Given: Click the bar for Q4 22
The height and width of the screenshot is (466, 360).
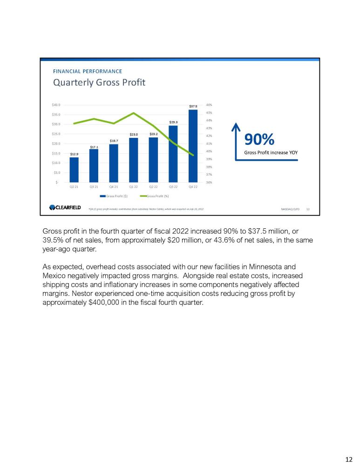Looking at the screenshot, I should (x=193, y=146).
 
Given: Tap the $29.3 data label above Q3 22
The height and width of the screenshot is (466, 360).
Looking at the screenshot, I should (x=173, y=122).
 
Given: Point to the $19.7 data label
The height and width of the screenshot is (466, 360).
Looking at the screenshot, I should (x=114, y=141).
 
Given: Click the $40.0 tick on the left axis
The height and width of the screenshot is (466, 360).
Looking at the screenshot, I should (x=56, y=105).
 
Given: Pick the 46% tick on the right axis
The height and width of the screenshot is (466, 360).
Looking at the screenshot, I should (x=209, y=105).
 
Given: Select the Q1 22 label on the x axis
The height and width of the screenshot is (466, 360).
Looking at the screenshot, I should (x=134, y=186).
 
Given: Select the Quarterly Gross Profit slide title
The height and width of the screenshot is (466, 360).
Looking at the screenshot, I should (x=99, y=83).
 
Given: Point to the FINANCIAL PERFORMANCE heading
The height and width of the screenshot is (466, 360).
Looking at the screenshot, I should (x=88, y=71).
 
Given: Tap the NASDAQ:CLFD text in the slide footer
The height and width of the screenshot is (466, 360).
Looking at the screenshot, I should (x=290, y=209).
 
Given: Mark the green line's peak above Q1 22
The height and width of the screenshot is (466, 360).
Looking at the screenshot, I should (x=134, y=113).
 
